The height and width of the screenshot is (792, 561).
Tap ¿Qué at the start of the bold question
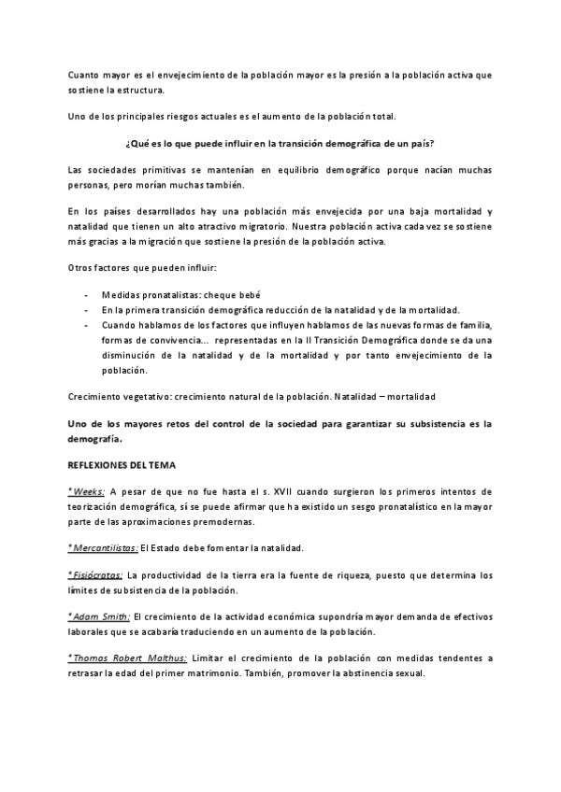(134, 143)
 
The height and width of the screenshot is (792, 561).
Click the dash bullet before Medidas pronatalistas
(86, 295)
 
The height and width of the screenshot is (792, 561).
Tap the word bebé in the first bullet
(246, 295)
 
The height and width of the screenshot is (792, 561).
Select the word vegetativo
(137, 396)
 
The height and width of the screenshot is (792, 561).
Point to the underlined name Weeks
(90, 491)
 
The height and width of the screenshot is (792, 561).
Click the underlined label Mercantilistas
(106, 547)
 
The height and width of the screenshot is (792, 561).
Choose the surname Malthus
(165, 658)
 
